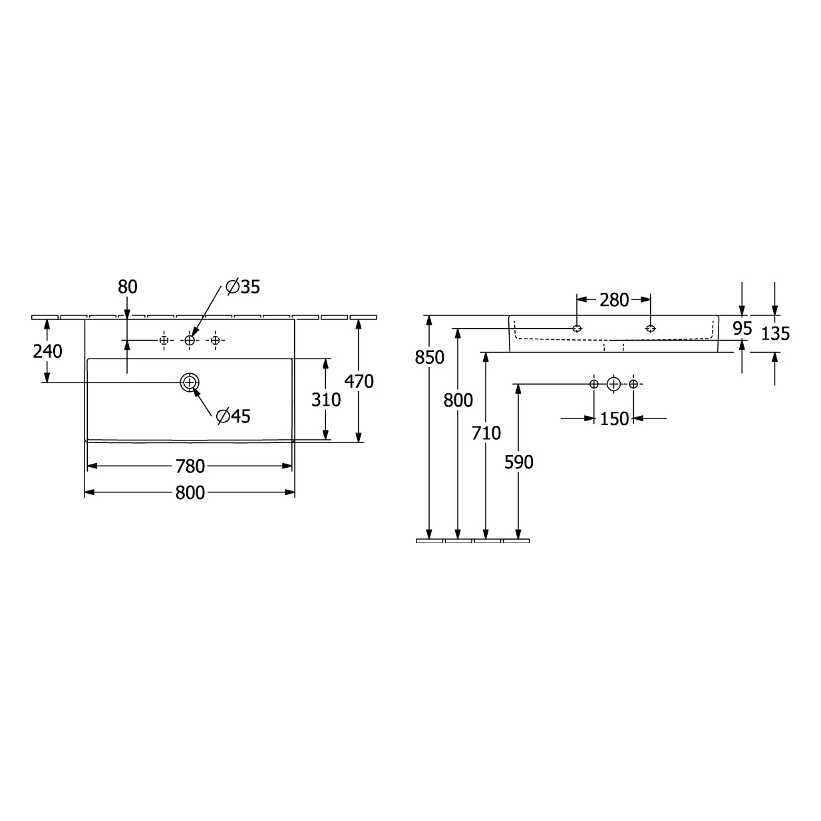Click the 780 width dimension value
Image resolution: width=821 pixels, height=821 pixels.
[x=190, y=466]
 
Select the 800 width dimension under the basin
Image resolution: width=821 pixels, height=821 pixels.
[x=190, y=493]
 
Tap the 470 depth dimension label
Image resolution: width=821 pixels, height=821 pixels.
[x=359, y=381]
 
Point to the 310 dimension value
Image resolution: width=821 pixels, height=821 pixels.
[x=326, y=400]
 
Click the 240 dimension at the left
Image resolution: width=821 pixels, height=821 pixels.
[x=48, y=351]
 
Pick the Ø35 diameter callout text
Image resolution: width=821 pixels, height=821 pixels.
[x=242, y=287]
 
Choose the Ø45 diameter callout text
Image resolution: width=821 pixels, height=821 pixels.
[x=233, y=416]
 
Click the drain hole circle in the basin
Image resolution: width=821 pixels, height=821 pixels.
[x=190, y=382]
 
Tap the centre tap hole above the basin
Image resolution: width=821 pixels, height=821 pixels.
[x=190, y=341]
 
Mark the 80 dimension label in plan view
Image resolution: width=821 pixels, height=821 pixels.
[x=127, y=287]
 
